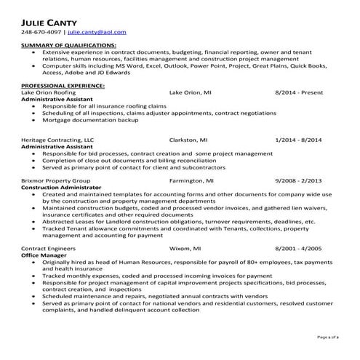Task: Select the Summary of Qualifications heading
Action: point(69,45)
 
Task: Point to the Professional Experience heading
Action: point(63,86)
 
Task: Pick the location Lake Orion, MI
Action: point(191,93)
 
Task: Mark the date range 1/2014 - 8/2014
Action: point(298,139)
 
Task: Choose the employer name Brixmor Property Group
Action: point(56,179)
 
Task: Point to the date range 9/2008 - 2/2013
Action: point(298,179)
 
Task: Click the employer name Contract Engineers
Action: point(50,247)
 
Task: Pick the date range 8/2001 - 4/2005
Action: point(298,247)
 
